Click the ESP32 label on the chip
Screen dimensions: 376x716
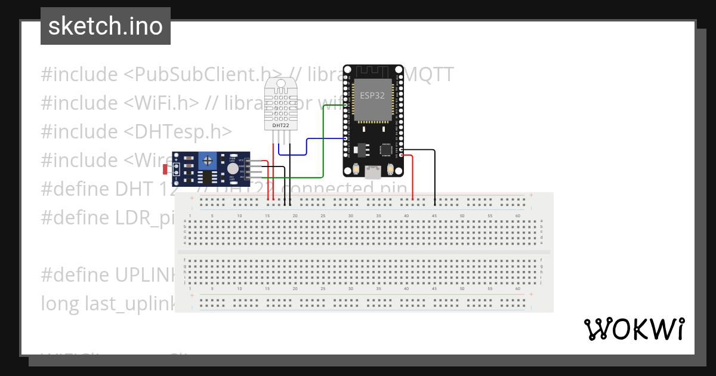pyautogui.click(x=373, y=95)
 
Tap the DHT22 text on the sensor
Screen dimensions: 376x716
pyautogui.click(x=281, y=125)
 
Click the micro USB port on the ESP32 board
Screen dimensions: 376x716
pyautogui.click(x=373, y=172)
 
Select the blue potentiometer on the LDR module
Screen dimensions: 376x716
pyautogui.click(x=207, y=160)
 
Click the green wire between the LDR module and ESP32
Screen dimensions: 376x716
pyautogui.click(x=323, y=143)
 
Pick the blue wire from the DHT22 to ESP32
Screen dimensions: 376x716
pyautogui.click(x=307, y=146)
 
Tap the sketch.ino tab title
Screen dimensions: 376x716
pyautogui.click(x=105, y=26)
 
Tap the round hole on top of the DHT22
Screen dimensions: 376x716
pyautogui.click(x=281, y=84)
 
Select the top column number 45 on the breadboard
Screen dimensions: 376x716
pyautogui.click(x=434, y=215)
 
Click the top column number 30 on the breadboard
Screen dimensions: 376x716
pyautogui.click(x=351, y=215)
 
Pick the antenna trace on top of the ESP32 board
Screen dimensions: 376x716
pyautogui.click(x=373, y=72)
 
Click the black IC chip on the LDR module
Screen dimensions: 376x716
pyautogui.click(x=207, y=176)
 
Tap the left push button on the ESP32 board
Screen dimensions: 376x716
pyautogui.click(x=356, y=169)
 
